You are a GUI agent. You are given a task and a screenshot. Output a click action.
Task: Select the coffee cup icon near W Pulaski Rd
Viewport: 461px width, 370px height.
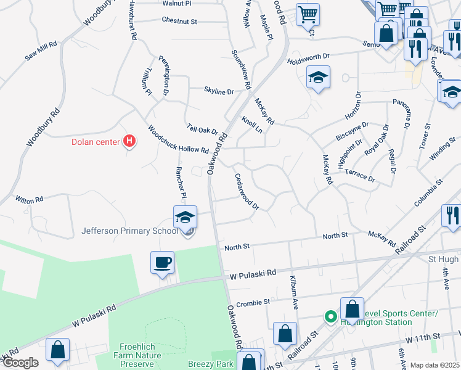[162, 263]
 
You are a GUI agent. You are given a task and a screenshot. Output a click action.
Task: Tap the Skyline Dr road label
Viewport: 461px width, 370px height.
[219, 91]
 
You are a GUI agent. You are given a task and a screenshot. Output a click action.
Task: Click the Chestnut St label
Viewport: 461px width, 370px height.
[179, 21]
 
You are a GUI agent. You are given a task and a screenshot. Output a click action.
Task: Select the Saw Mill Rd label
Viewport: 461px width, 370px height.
[41, 51]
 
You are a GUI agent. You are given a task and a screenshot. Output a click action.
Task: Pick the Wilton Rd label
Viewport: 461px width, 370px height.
[30, 200]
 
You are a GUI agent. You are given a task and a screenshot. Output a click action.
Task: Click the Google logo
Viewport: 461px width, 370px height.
[20, 363]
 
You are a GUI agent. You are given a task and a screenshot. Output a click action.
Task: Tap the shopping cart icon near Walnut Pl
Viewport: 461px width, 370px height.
[308, 14]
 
